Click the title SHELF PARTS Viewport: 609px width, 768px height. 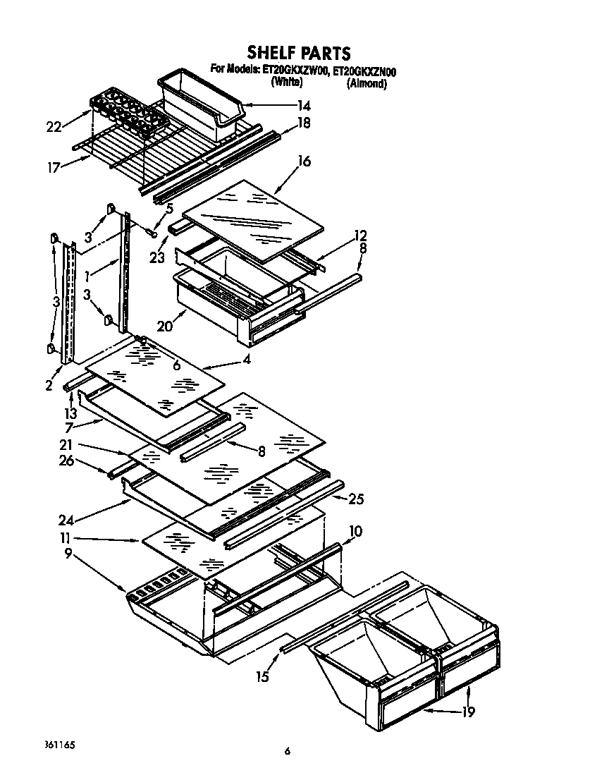click(298, 53)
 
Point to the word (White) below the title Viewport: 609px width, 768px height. click(287, 83)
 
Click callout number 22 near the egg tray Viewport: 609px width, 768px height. click(54, 126)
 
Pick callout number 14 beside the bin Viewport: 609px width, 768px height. click(303, 106)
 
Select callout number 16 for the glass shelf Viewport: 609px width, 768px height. click(304, 161)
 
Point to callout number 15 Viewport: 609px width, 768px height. click(262, 677)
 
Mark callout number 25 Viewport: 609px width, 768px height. click(356, 499)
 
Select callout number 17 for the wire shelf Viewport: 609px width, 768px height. click(54, 168)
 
